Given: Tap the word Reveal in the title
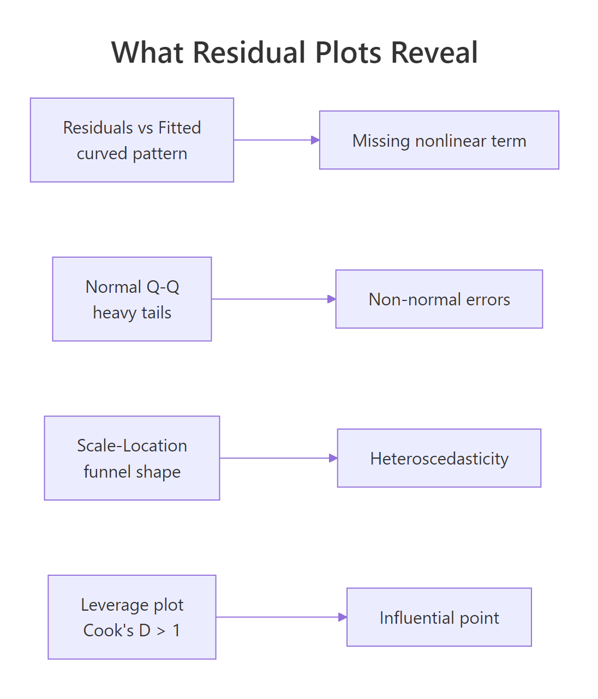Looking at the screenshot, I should point(434,53).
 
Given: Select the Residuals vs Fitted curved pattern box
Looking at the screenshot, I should point(132,140).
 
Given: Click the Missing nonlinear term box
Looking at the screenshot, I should point(439,140).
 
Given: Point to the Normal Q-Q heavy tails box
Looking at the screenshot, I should point(132,299).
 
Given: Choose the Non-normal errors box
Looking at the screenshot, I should point(439,299).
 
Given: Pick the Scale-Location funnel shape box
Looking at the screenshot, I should point(132,458).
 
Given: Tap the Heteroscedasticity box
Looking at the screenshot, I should point(439,458).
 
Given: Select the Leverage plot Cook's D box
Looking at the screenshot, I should point(132,617).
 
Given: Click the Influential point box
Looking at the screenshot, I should point(439,617).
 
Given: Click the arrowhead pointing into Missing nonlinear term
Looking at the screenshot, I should point(315,140).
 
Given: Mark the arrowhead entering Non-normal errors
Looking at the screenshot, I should point(332,299).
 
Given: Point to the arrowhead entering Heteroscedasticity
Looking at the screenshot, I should point(333,458).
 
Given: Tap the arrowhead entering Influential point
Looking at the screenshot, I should point(343,617).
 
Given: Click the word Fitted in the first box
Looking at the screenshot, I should point(180,128).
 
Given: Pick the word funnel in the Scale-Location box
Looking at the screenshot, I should point(106,472).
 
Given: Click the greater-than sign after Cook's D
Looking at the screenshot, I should point(161,631).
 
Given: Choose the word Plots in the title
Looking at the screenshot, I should point(350,53).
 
